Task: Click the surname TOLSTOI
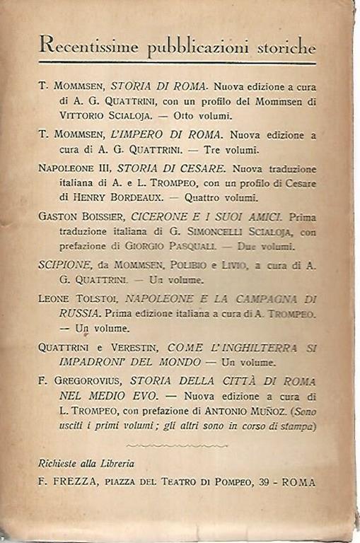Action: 98,300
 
